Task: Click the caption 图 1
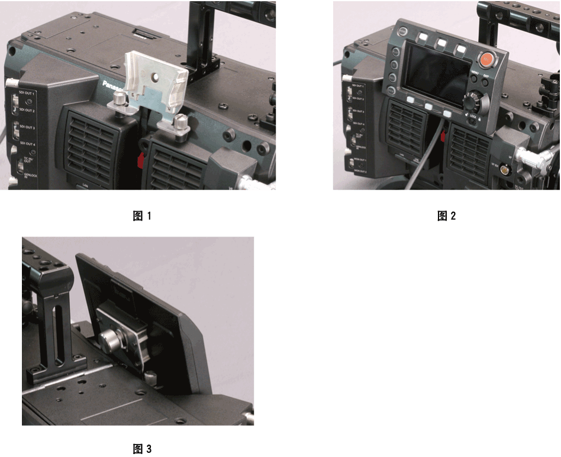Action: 141,216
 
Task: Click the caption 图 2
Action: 446,216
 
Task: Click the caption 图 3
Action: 141,449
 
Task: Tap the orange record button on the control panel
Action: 486,59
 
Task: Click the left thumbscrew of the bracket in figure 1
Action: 120,99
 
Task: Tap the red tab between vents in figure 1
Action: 141,160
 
